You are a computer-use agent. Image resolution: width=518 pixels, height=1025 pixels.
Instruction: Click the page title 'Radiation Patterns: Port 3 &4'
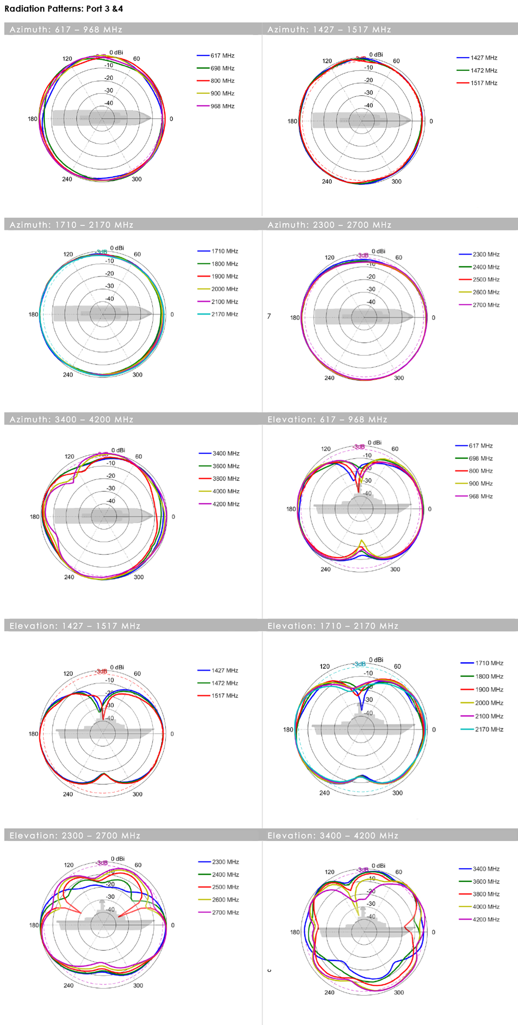click(x=64, y=9)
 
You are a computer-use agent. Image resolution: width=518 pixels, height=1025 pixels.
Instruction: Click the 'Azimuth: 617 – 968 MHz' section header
click(x=66, y=29)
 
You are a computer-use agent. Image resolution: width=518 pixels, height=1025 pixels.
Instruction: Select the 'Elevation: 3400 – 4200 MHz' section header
click(x=333, y=836)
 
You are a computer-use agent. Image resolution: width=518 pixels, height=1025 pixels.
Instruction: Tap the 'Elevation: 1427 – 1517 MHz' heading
click(x=75, y=626)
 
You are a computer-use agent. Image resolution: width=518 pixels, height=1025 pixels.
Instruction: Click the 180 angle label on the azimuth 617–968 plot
click(x=33, y=119)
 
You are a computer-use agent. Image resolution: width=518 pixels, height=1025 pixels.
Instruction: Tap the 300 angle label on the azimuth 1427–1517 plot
click(x=396, y=182)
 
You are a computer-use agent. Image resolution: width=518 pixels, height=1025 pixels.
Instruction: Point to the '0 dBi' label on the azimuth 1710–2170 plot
click(x=117, y=248)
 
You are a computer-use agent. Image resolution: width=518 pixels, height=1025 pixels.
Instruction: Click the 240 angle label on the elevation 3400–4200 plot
click(x=329, y=992)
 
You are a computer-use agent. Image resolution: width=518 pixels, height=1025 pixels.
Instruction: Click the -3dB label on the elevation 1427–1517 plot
click(x=102, y=671)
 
